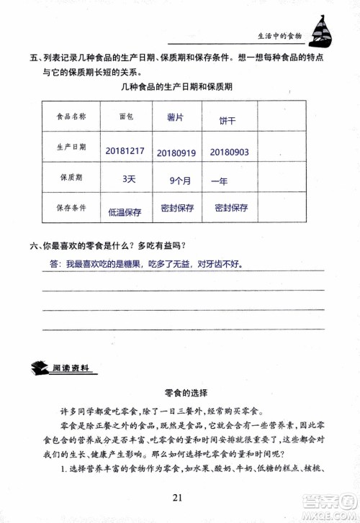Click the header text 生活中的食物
[x=280, y=35]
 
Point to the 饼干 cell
[x=228, y=120]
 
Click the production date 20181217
[x=125, y=151]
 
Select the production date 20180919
[x=176, y=152]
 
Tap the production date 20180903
[x=230, y=152]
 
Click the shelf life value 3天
[x=129, y=179]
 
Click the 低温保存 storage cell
[x=125, y=212]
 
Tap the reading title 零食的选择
[x=182, y=392]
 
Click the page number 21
[x=179, y=497]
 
